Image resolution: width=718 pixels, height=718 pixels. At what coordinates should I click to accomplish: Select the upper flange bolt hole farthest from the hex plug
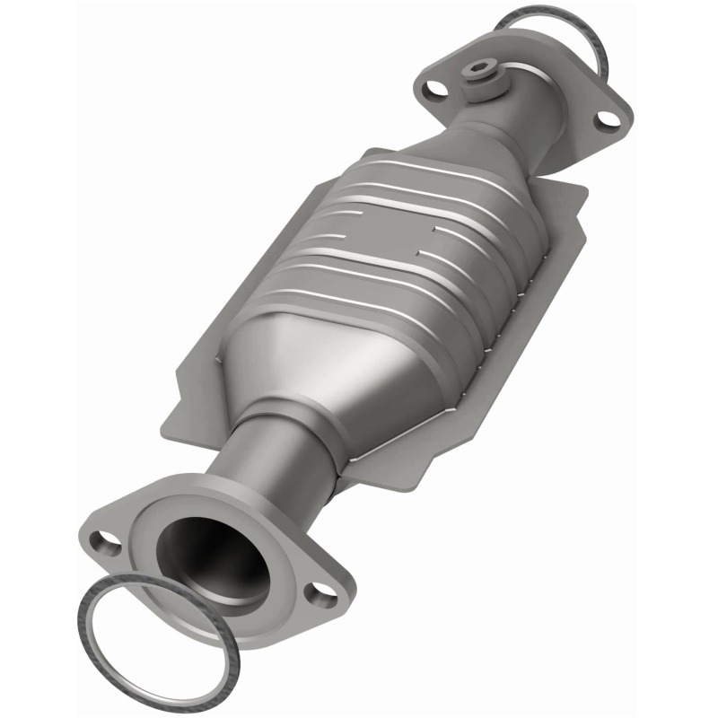(607, 118)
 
